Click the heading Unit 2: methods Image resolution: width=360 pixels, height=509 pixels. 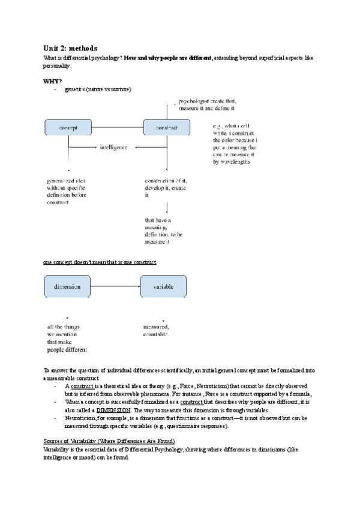tap(70, 48)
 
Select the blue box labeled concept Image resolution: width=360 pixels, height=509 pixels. tap(67, 127)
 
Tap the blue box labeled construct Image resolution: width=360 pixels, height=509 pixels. tap(166, 127)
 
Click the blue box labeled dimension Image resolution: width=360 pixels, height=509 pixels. tap(67, 286)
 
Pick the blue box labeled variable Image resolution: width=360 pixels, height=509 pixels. tap(163, 286)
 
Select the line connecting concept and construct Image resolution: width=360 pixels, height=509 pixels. tap(116, 127)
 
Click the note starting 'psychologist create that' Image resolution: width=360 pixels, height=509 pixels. tap(205, 106)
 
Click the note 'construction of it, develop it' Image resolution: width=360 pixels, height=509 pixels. tap(165, 187)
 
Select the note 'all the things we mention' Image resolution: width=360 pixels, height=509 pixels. tap(67, 338)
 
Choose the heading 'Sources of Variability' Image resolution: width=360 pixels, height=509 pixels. tap(109, 441)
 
